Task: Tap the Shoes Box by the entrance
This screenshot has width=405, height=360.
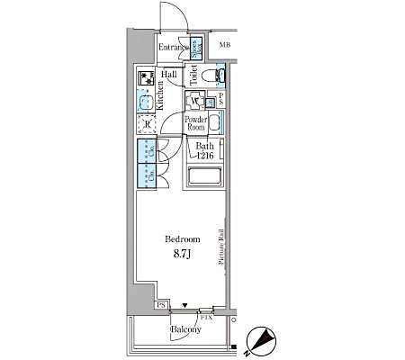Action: (x=197, y=49)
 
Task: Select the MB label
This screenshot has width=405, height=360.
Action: (x=224, y=43)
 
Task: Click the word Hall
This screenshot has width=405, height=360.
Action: (x=168, y=75)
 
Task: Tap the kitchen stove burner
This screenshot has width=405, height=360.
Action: (x=145, y=78)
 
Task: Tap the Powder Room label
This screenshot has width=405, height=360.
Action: (x=195, y=123)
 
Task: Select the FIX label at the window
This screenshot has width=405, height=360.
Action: (x=206, y=318)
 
